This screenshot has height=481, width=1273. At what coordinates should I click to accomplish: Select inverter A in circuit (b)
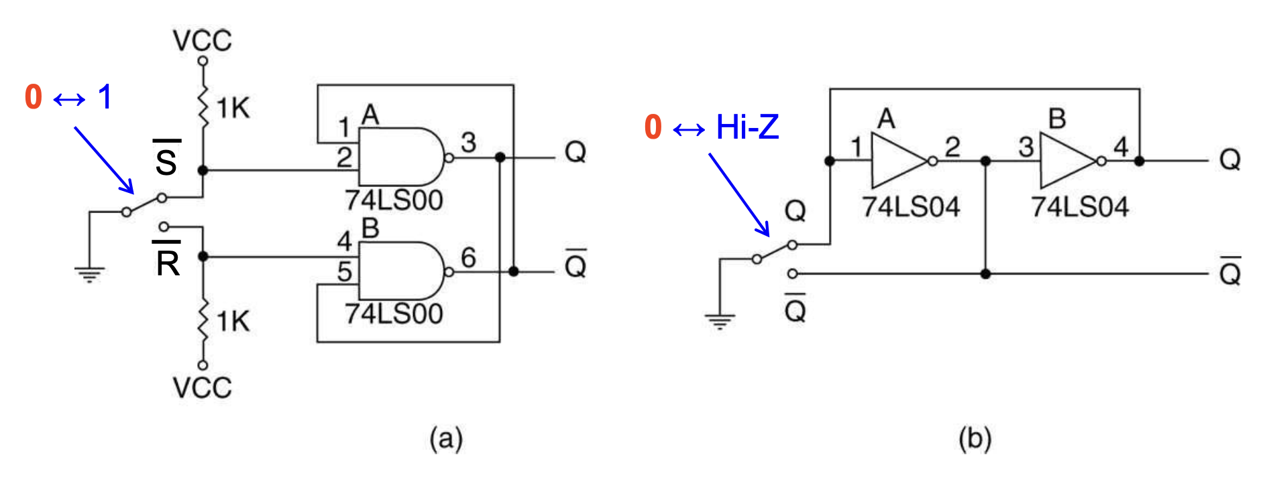tap(899, 161)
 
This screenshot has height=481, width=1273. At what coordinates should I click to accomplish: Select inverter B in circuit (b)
tap(1068, 161)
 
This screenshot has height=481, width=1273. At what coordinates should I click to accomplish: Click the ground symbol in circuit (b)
tap(720, 322)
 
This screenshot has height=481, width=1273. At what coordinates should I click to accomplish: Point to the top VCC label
tap(202, 41)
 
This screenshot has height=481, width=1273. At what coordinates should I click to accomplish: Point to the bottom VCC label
tap(202, 388)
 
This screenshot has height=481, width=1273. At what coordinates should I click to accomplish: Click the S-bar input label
tap(166, 159)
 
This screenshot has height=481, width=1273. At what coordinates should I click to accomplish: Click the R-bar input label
tap(168, 261)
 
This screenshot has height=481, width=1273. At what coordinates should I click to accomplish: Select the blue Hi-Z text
tap(747, 127)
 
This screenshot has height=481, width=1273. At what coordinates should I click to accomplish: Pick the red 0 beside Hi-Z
tap(653, 127)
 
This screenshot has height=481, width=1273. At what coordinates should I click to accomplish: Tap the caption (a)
tap(446, 439)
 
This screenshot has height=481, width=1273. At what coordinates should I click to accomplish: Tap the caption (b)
tap(975, 439)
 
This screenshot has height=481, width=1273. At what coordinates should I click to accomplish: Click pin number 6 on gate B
tap(468, 257)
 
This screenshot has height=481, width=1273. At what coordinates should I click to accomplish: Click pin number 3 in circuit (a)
tap(468, 142)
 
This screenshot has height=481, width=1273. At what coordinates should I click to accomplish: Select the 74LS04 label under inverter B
tap(1080, 207)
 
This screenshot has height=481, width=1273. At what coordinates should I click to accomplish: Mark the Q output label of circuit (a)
tap(575, 152)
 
